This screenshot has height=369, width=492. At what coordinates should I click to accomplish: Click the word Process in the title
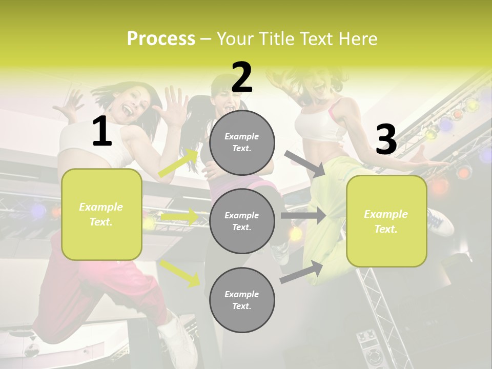(x=161, y=39)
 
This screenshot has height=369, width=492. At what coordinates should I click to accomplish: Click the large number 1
(x=102, y=132)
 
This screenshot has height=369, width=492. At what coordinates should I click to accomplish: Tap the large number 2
(x=242, y=77)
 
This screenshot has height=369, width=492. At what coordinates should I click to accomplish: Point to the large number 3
(x=386, y=140)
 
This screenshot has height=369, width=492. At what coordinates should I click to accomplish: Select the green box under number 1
(x=101, y=214)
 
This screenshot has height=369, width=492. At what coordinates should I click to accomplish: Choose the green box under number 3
(x=386, y=221)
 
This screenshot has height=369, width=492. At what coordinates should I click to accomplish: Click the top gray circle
(x=242, y=142)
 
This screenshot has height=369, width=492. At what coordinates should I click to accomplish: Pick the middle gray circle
(x=242, y=221)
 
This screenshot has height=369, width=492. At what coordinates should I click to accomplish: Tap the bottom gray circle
(x=242, y=300)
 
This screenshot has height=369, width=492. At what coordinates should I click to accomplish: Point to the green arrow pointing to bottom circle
(x=179, y=273)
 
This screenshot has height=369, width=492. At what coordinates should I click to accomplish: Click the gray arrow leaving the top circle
(x=304, y=163)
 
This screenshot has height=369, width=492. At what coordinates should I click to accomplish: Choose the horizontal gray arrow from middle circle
(x=303, y=216)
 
